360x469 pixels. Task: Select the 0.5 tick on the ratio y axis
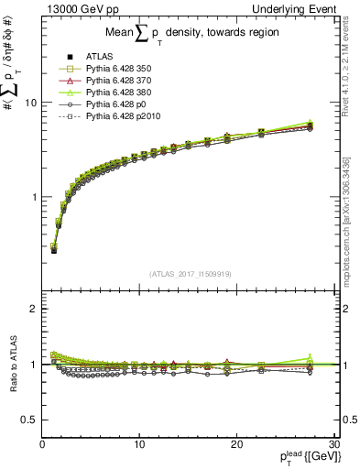coord(29,420)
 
